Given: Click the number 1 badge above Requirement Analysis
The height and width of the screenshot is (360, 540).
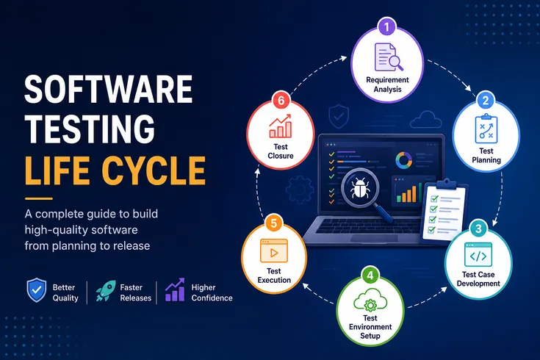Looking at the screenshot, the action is (x=386, y=26).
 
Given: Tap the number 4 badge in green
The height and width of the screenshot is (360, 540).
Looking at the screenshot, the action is (x=370, y=275).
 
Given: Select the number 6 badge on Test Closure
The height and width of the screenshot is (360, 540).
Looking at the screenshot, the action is (x=281, y=100).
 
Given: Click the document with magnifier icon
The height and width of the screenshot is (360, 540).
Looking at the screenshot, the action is (x=388, y=57).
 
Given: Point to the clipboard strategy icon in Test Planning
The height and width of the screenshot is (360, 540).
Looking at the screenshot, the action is (x=486, y=129).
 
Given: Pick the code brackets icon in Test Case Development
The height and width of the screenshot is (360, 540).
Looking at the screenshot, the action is (x=478, y=255).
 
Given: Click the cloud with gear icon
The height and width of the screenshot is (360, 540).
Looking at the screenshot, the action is (x=370, y=300).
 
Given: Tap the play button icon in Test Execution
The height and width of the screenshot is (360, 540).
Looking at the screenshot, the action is (x=274, y=251).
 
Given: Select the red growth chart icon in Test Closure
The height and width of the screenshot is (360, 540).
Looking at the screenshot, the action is (x=281, y=126).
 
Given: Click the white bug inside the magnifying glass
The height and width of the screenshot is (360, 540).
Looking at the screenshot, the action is (x=359, y=188).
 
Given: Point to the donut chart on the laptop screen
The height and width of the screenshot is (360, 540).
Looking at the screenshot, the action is (x=403, y=160).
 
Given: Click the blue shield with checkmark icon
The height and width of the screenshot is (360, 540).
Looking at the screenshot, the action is (x=37, y=290).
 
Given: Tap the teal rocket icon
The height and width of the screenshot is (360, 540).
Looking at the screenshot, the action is (x=106, y=291).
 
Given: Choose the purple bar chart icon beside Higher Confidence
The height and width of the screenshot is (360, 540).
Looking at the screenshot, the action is (x=175, y=289).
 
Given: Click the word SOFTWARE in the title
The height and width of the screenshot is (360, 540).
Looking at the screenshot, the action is (x=109, y=89).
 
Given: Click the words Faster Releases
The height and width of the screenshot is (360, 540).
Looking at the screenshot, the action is (x=136, y=292).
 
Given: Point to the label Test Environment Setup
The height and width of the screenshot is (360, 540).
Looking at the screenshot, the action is (x=370, y=327).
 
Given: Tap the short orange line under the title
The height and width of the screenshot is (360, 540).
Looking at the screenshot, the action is (x=38, y=198).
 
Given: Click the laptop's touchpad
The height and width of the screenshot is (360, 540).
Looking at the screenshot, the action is (x=375, y=238).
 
